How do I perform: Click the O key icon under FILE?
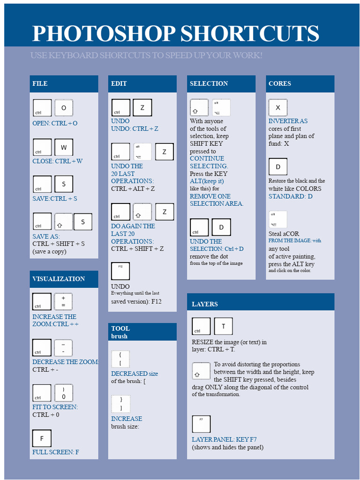point(64,108)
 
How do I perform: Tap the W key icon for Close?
point(64,147)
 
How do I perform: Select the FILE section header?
point(64,84)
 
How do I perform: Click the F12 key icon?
point(120,271)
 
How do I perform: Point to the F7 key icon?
point(201,424)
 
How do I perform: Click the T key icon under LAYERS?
point(223,326)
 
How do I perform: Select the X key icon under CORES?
point(277,108)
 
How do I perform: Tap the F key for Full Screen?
point(42,438)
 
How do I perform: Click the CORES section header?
point(300,84)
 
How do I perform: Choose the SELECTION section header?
point(221,84)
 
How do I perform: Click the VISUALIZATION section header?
point(64,279)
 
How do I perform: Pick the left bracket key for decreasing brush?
point(120,359)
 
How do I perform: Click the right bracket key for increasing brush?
point(120,404)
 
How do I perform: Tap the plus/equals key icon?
point(63,301)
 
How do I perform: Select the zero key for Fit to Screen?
point(63,393)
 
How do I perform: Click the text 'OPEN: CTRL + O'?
point(55,123)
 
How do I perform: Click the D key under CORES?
point(277,167)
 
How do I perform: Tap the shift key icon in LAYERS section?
point(201,371)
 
